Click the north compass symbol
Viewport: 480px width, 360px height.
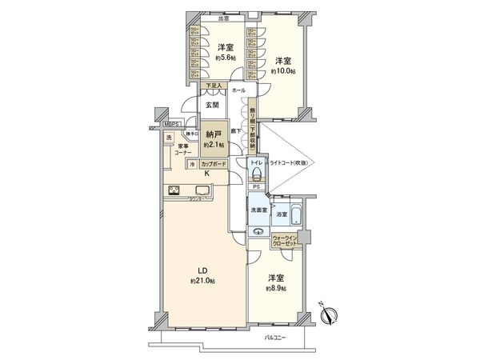point(330,315)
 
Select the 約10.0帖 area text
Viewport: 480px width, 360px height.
point(283,71)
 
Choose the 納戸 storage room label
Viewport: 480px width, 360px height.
point(212,135)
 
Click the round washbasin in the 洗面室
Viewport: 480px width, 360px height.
point(258,231)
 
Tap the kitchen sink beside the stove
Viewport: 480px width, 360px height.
point(201,191)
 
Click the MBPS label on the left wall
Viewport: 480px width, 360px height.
point(170,125)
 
